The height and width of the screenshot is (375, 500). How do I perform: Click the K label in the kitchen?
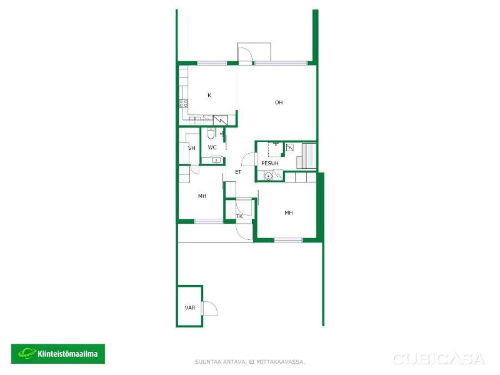click(x=209, y=95)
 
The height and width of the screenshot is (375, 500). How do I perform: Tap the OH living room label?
click(x=279, y=102)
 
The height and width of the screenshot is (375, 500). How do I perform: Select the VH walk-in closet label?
click(x=192, y=148)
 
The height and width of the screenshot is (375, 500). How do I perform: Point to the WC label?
click(x=212, y=147)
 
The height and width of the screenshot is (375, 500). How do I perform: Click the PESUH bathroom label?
click(x=270, y=163)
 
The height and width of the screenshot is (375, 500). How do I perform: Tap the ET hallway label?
click(x=238, y=172)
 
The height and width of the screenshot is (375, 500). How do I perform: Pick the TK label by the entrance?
click(x=239, y=216)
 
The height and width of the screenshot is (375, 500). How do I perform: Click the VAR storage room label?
click(x=190, y=307)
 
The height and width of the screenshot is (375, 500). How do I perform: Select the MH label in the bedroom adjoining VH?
click(x=202, y=196)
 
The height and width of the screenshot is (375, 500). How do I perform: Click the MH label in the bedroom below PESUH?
click(x=289, y=212)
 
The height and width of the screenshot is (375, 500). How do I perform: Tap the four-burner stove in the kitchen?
click(x=183, y=103)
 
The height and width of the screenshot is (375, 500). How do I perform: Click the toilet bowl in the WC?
click(x=211, y=134)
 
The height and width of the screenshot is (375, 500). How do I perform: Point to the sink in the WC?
click(x=216, y=160)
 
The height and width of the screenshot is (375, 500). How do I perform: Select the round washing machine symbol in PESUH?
click(x=269, y=176)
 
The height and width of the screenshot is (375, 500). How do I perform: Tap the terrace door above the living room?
click(x=246, y=54)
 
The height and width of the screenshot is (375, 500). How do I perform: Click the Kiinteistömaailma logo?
click(x=58, y=353)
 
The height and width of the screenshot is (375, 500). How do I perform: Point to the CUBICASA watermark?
click(x=439, y=359)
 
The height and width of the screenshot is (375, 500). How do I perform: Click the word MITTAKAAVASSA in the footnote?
click(x=284, y=362)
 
